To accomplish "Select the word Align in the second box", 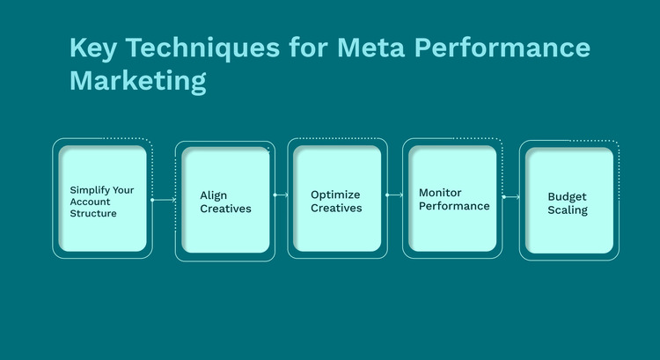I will (x=214, y=195).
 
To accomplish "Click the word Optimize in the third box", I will (x=335, y=195).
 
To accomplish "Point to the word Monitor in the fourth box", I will (x=441, y=193).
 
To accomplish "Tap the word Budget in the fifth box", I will (x=568, y=196).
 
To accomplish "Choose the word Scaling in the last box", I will (x=568, y=210).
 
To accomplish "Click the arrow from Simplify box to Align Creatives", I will (x=164, y=200).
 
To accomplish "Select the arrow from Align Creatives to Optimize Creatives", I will (x=281, y=195).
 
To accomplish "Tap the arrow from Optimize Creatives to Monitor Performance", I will (x=394, y=195).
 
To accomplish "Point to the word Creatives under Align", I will (x=225, y=209).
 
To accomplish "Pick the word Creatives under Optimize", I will (x=336, y=208).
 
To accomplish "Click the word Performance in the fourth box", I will (x=453, y=206).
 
